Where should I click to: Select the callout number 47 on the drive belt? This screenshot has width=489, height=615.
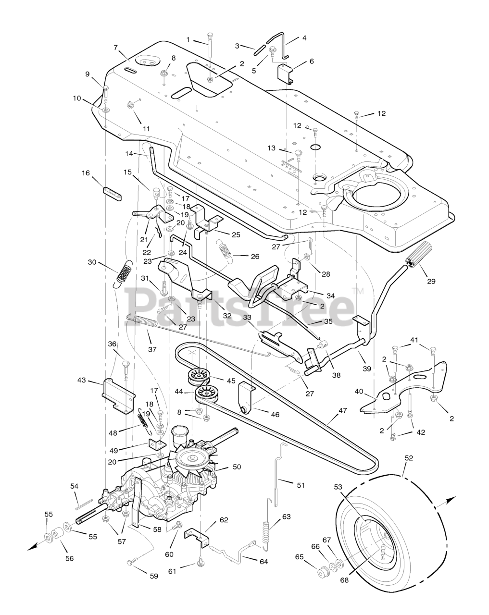coord(342,411)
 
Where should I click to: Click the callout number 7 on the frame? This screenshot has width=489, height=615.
coord(115,48)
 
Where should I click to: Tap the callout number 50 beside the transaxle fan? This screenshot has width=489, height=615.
coord(237,467)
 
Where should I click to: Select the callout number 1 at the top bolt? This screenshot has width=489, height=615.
coord(188,39)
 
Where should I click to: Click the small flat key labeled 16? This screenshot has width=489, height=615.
coord(112,194)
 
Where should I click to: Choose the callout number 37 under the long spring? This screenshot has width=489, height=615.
coord(152,349)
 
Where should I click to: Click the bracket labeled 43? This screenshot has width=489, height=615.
coord(118,395)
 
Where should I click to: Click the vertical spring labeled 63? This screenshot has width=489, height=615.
coord(266,533)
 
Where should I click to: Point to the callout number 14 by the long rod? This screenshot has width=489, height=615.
coord(129,153)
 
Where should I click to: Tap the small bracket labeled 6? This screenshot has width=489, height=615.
coord(286,74)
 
